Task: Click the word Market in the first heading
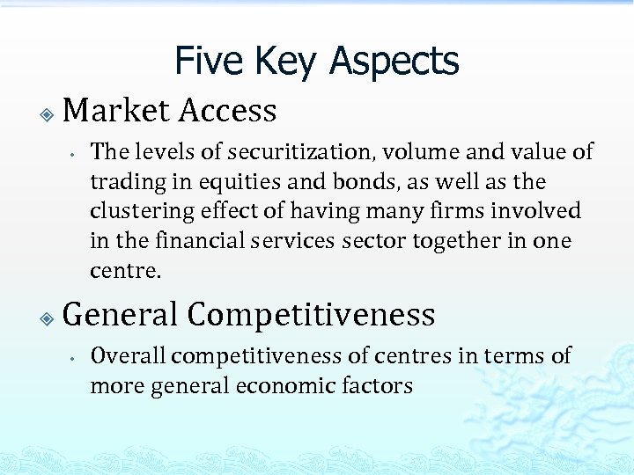117,111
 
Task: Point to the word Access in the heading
228,111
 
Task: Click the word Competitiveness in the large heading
311,315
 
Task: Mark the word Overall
129,356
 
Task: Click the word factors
382,386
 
